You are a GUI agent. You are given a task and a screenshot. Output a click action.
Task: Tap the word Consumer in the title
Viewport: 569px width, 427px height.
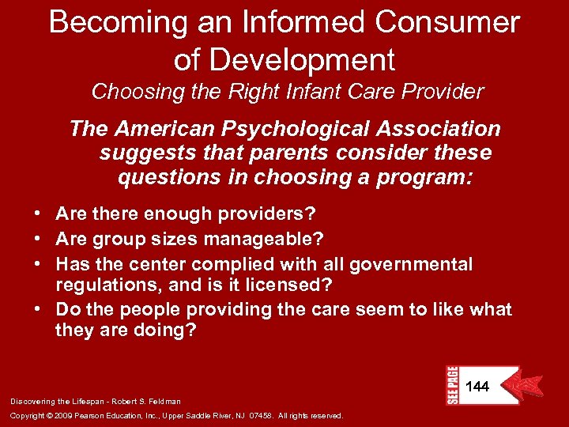coord(448,22)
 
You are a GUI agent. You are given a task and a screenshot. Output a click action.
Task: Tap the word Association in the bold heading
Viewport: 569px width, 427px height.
coord(441,128)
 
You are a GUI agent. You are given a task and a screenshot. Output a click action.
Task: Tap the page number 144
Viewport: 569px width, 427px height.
coord(477,387)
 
